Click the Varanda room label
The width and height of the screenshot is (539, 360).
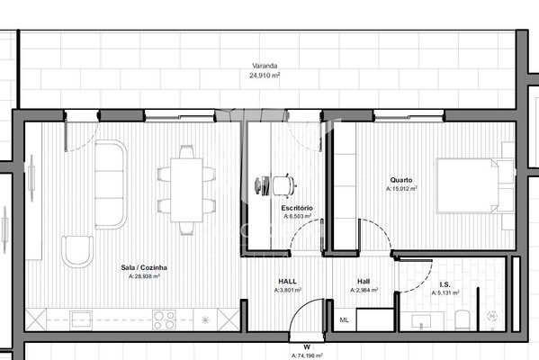(x=265, y=66)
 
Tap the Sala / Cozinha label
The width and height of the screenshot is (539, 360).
(x=144, y=267)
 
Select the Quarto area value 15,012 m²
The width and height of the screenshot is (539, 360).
(x=401, y=188)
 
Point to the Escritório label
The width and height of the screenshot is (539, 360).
(x=297, y=208)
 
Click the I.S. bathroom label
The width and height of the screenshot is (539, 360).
(x=445, y=284)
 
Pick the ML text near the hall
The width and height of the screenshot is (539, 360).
(x=344, y=320)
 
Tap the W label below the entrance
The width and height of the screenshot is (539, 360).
(x=307, y=346)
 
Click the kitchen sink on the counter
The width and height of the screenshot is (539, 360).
(x=81, y=319)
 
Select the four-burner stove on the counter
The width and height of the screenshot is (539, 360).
(x=164, y=320)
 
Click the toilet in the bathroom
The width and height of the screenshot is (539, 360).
(x=462, y=319)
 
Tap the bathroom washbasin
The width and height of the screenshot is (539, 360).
(x=421, y=321)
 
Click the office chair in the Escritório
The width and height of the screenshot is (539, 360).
(x=284, y=186)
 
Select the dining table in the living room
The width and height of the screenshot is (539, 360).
(x=186, y=190)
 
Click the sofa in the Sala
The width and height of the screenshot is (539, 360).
(x=111, y=184)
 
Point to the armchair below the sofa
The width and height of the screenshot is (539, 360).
(x=77, y=251)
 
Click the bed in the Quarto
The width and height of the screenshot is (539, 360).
(x=475, y=185)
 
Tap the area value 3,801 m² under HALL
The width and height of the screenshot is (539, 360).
(x=288, y=290)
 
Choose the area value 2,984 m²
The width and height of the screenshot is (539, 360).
(x=364, y=290)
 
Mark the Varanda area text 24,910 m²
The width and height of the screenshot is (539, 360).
(x=265, y=76)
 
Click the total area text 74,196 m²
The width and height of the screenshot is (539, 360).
(x=307, y=355)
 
